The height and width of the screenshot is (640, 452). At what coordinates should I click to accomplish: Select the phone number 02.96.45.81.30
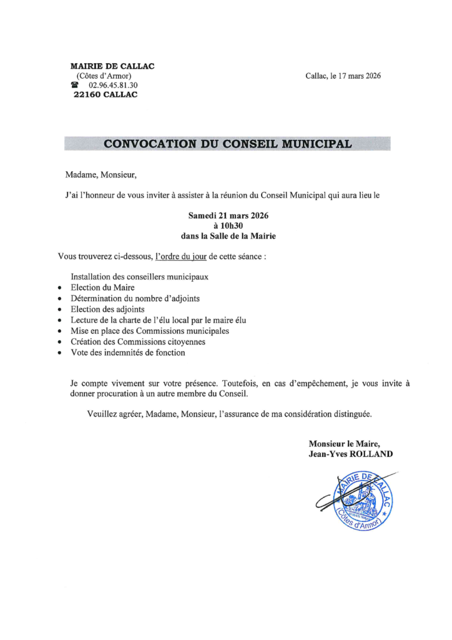(113, 85)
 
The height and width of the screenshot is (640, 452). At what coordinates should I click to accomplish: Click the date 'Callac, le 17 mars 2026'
(343, 76)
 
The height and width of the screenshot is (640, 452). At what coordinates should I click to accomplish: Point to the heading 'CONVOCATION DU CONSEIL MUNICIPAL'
(227, 143)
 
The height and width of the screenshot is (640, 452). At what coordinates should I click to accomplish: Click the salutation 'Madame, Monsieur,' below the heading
(100, 174)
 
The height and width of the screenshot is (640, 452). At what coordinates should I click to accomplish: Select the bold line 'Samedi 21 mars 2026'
(228, 216)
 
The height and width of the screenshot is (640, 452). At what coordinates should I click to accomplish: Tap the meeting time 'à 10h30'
(228, 226)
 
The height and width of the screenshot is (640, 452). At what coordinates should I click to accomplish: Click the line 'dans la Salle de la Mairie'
(228, 236)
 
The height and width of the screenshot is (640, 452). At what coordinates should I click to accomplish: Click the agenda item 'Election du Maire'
(102, 287)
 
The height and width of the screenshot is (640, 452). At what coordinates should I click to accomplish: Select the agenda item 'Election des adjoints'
(107, 309)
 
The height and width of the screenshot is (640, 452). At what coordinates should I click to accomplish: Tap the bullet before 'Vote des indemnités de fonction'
(59, 353)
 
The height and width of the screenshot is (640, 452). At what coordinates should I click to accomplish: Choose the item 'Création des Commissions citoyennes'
(138, 342)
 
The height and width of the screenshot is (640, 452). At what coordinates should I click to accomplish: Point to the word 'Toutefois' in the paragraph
(272, 382)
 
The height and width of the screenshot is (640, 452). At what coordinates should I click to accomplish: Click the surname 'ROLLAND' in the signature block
(371, 454)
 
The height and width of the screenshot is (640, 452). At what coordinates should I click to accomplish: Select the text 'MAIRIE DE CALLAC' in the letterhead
(112, 66)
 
